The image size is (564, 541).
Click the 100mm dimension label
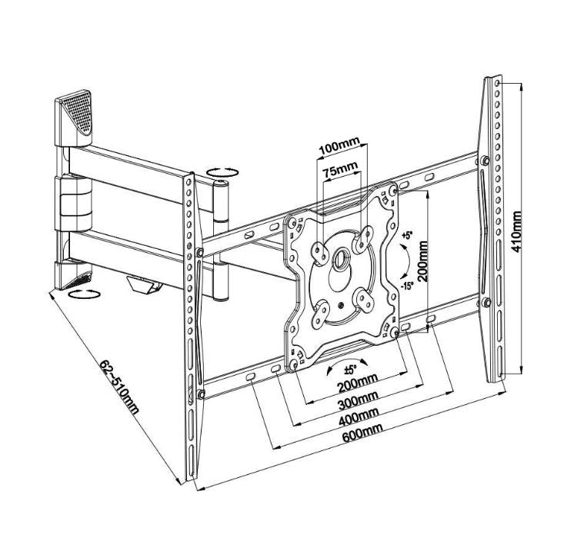pos(339,147)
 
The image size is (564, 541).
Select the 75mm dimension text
pos(339,169)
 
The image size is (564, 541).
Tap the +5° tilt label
pos(407,236)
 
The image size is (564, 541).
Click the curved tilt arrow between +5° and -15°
pos(401,261)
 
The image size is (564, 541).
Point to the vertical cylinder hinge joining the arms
pos(222,238)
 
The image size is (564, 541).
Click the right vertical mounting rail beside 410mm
pos(492,231)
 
